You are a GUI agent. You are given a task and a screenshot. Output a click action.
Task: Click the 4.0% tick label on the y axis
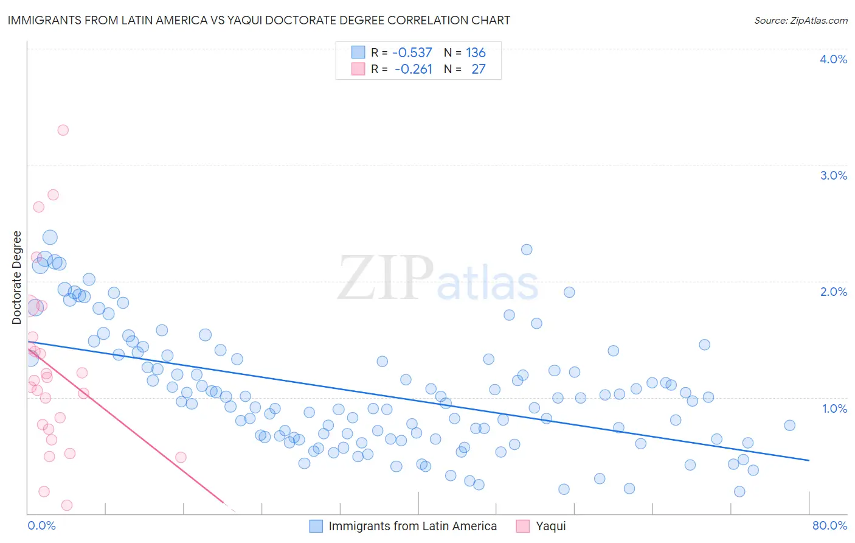833,59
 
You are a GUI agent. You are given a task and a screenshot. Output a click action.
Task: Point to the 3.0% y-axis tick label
833,175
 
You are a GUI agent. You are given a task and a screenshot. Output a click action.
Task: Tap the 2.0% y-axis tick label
833,292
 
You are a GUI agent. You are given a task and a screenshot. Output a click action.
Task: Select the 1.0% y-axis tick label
834,408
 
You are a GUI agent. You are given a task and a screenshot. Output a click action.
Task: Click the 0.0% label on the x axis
41,525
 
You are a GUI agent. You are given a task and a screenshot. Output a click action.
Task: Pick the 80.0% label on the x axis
829,525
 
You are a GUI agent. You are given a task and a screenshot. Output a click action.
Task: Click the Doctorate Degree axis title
17,278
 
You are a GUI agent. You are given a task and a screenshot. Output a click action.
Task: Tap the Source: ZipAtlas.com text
800,20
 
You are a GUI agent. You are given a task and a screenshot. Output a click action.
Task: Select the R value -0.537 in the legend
412,52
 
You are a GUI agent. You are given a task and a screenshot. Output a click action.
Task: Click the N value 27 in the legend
479,69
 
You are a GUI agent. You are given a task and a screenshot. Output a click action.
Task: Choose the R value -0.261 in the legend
413,69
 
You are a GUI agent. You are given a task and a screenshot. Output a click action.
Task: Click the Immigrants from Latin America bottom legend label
412,526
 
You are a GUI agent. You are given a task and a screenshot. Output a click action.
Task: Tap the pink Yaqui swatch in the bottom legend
522,526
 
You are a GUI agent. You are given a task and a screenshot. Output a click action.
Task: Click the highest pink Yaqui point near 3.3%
63,130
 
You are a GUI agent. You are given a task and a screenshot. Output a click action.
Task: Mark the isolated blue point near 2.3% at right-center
527,250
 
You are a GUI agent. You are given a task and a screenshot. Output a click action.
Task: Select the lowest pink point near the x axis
67,505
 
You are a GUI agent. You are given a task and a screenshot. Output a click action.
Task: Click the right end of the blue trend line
809,460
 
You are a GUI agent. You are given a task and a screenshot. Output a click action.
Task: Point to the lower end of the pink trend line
224,503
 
